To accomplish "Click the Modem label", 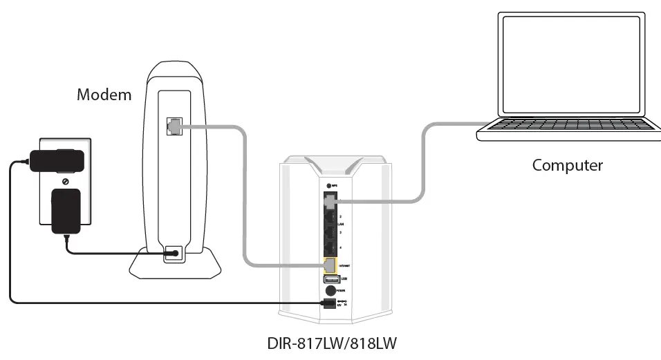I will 104,95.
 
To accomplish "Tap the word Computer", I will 567,166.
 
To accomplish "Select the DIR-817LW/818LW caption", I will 332,343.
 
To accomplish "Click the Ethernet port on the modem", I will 173,126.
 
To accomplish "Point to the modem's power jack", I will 173,254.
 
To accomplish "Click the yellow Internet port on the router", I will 330,265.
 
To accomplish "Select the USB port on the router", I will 330,278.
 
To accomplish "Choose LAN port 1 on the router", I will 330,201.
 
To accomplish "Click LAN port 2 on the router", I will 330,218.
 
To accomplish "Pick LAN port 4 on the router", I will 330,249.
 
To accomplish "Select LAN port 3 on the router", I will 330,234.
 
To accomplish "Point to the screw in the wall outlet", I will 65,182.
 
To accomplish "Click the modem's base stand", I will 175,265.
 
